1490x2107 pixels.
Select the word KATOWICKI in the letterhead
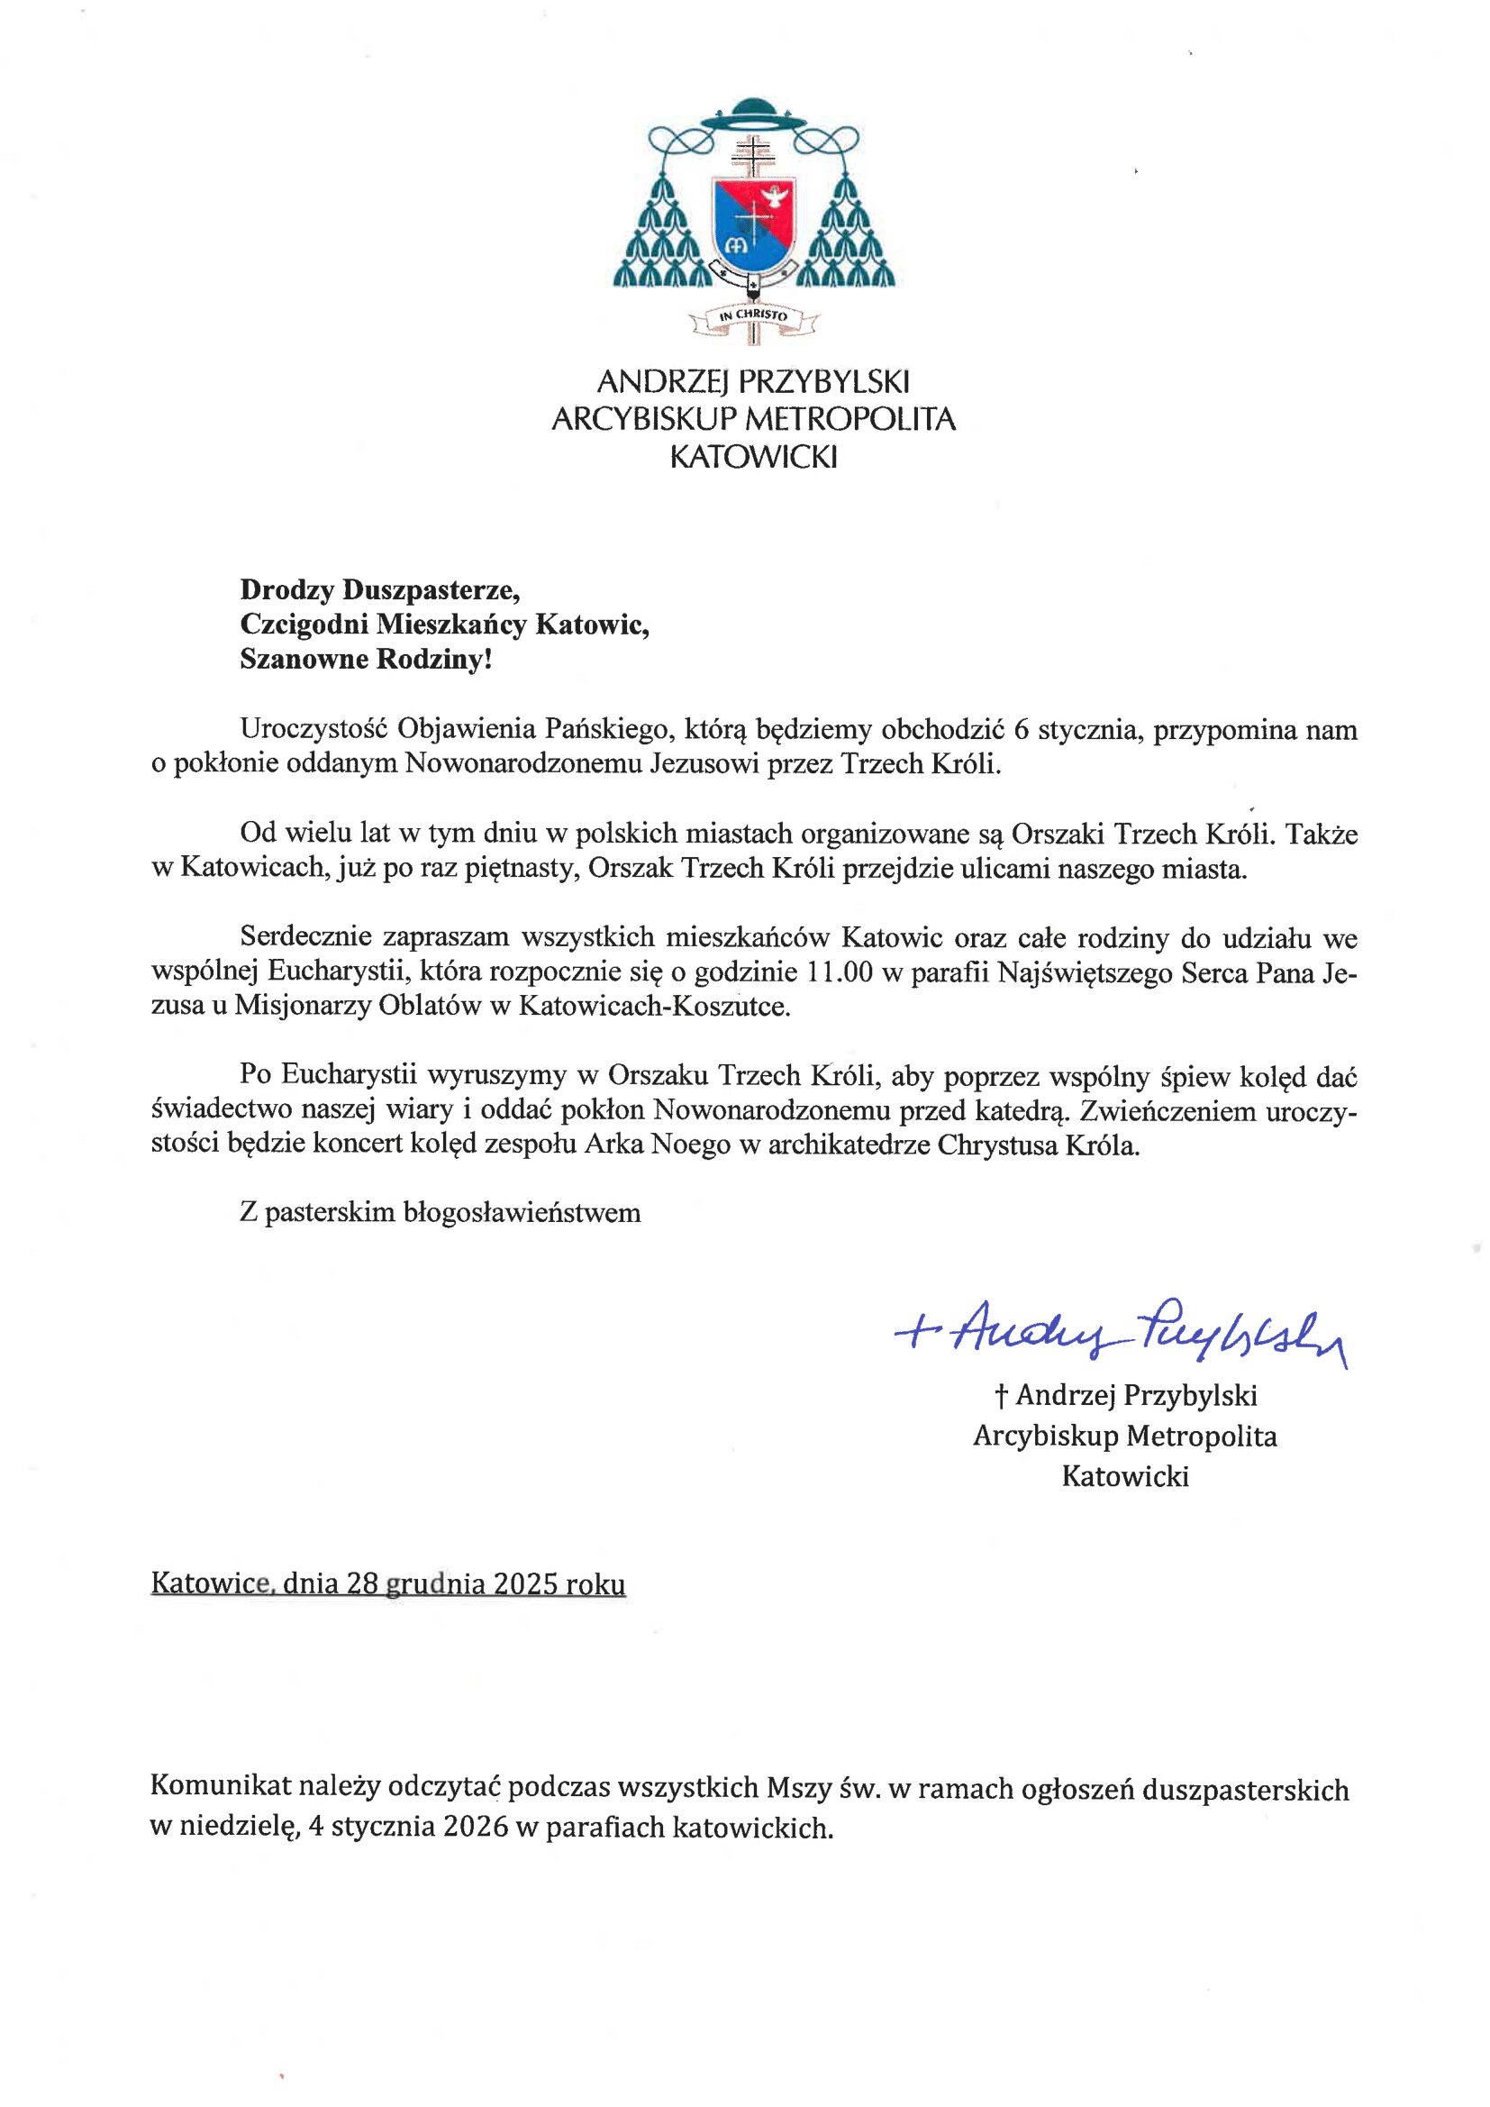[753, 457]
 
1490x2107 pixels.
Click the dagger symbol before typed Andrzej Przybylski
[1002, 1396]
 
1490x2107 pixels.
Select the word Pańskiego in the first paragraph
[602, 730]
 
